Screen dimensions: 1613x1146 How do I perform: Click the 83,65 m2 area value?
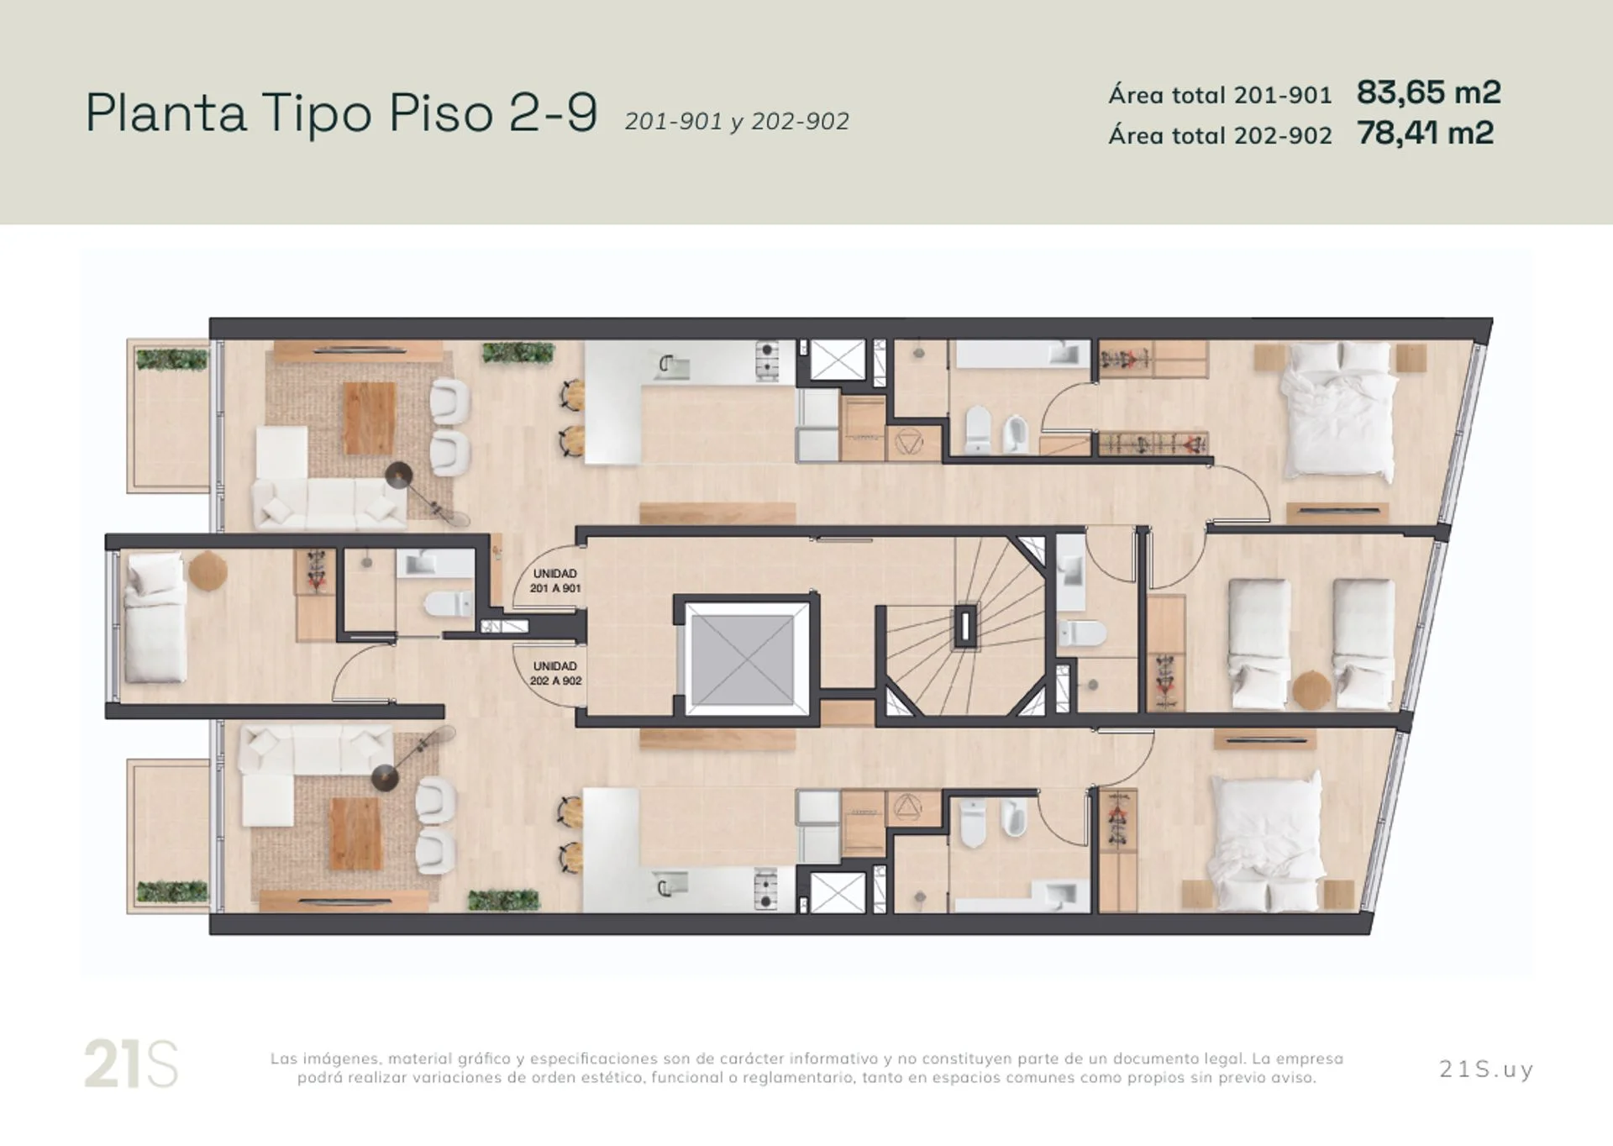[1428, 92]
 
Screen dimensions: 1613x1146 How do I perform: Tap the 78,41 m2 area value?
[1425, 133]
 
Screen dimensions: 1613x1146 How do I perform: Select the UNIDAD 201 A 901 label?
[554, 581]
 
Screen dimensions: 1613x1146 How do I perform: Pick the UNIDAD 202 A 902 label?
[555, 673]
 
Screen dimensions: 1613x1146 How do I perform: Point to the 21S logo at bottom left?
[131, 1064]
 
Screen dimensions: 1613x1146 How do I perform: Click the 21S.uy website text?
[1486, 1069]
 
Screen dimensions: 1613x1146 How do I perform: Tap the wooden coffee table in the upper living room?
[369, 418]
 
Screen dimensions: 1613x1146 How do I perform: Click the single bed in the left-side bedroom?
[155, 618]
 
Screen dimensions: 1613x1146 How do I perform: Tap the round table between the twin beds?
[1311, 690]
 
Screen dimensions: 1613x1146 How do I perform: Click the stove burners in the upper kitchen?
[766, 360]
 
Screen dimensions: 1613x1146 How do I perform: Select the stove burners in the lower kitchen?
[766, 891]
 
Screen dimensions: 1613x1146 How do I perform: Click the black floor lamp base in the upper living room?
[399, 476]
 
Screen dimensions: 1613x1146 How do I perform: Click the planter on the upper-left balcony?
[171, 360]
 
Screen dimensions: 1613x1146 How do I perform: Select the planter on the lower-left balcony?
[172, 891]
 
